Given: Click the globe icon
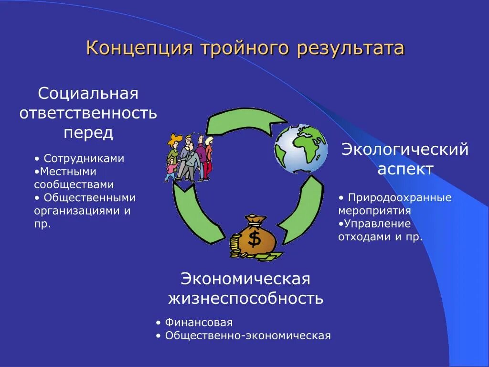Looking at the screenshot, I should [x=301, y=149].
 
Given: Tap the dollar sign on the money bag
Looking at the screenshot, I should [x=255, y=237].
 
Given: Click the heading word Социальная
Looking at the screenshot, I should [x=88, y=93].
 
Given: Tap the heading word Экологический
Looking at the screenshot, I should [x=404, y=150].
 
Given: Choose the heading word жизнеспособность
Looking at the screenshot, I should [x=245, y=299].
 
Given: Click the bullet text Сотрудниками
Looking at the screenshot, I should [x=84, y=159].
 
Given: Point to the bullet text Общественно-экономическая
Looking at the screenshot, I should [x=248, y=335].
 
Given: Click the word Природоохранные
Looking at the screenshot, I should [x=400, y=198].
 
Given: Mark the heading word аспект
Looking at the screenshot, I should [x=405, y=169].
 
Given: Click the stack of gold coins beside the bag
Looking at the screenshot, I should [x=235, y=245].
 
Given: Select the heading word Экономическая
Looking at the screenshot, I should [x=245, y=279].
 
